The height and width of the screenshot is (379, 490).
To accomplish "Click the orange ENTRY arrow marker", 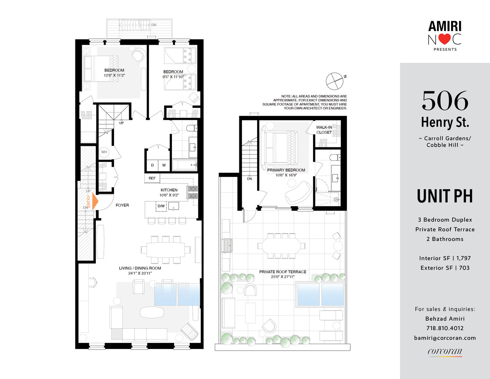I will [x=94, y=202].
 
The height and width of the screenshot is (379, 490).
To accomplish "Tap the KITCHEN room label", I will [x=169, y=190].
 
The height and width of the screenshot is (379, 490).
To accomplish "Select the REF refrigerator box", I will [x=152, y=178].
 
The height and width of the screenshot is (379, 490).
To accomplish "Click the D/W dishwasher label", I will [x=161, y=206].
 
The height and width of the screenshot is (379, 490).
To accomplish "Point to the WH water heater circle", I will [x=104, y=152].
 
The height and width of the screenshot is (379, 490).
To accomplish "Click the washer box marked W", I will [x=164, y=165].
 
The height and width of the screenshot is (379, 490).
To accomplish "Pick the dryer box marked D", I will [x=152, y=165].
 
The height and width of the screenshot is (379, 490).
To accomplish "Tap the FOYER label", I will [x=122, y=205].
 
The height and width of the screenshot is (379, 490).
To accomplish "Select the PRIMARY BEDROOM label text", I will [x=286, y=170].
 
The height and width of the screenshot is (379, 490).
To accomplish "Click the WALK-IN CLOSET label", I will [x=324, y=130].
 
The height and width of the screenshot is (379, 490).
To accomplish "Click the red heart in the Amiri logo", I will [x=445, y=39].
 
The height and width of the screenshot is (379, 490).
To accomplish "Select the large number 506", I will [x=445, y=101].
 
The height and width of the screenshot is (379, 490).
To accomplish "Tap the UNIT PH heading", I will [x=445, y=196].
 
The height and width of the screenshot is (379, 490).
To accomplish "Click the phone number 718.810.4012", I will [x=445, y=328].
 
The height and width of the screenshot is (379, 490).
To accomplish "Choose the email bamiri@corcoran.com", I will [x=445, y=338].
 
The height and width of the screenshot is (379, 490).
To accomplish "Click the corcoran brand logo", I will [x=445, y=352].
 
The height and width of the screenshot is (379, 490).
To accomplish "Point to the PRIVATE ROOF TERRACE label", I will [x=282, y=272].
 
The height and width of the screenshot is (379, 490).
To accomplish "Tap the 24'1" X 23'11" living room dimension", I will [x=140, y=273].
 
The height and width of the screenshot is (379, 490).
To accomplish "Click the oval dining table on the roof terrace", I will [x=281, y=246].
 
